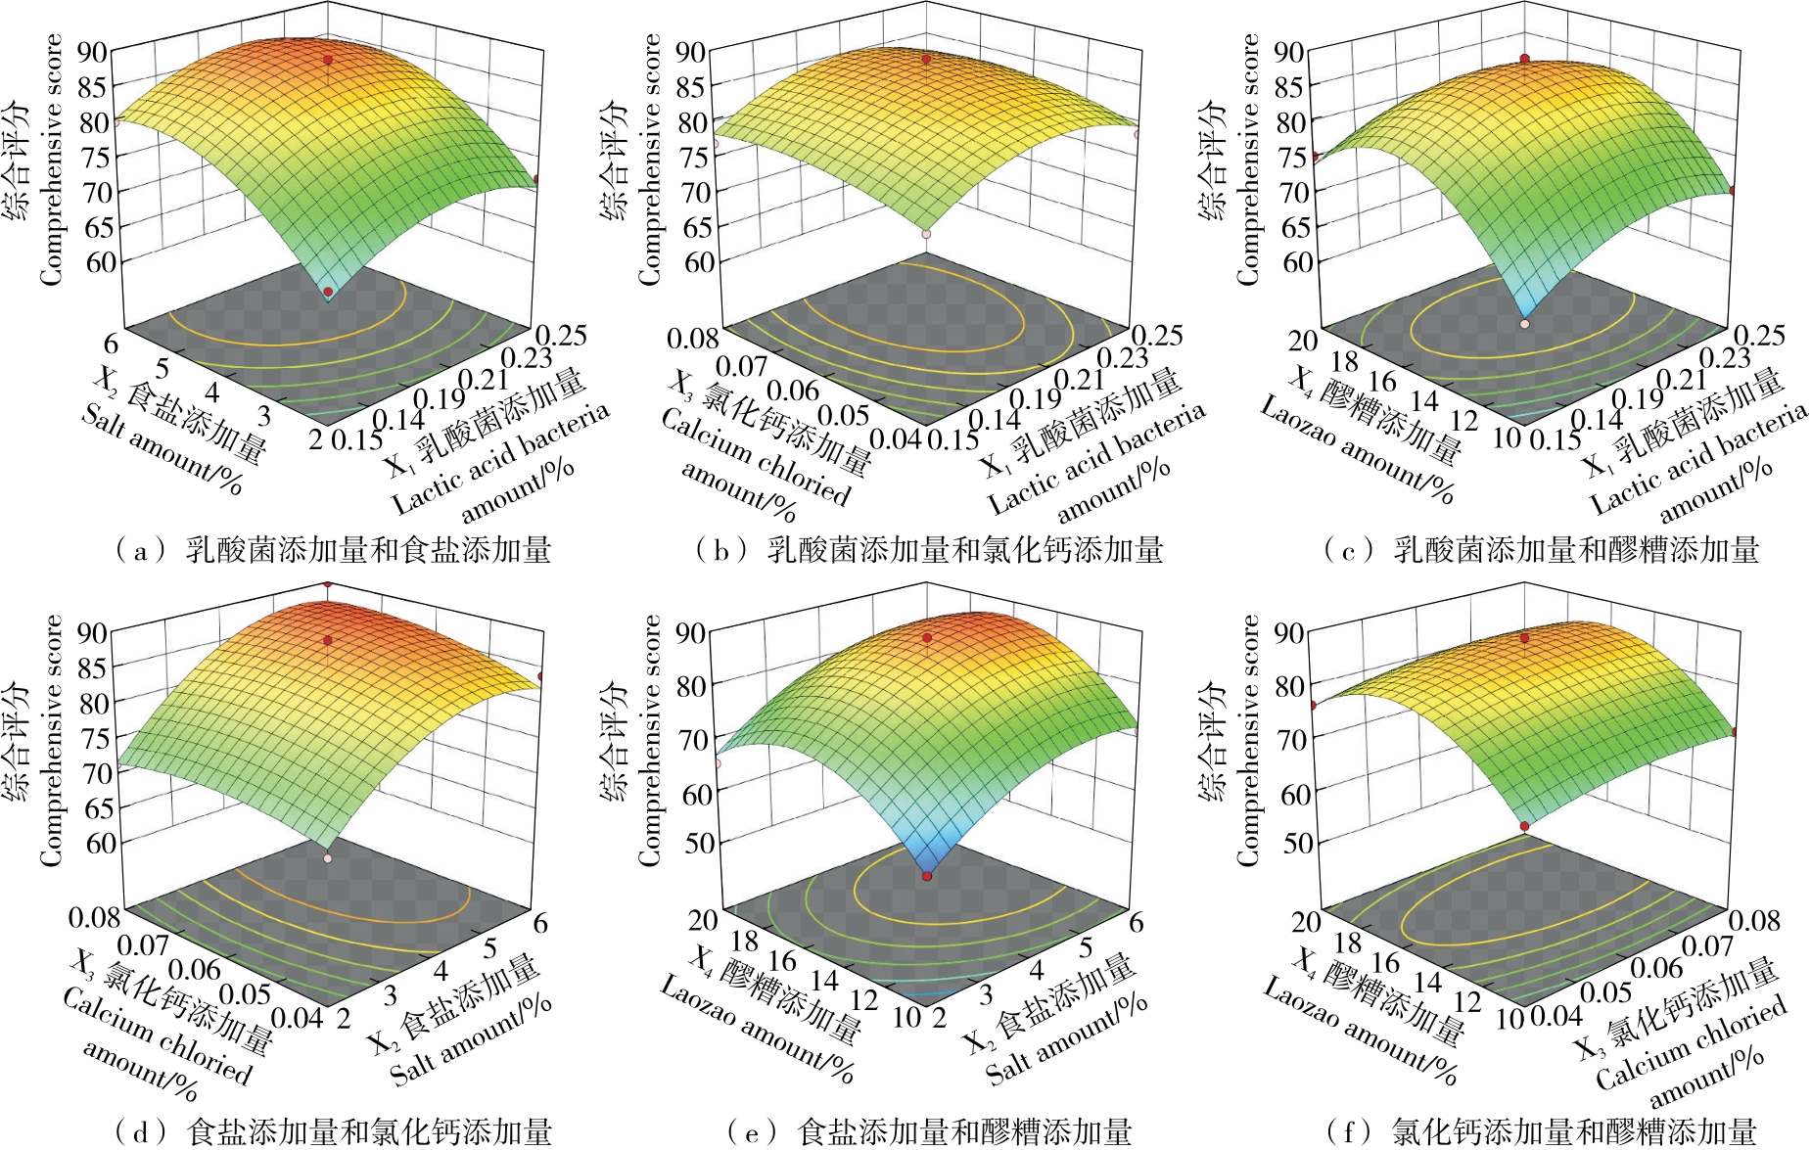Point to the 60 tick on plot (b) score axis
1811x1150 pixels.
pos(698,261)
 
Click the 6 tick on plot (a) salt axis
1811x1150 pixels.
pos(110,344)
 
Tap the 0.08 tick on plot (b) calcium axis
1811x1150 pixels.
pos(693,340)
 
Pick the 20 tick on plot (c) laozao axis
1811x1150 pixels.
pos(1303,341)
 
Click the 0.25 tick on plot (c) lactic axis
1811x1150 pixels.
pos(1758,336)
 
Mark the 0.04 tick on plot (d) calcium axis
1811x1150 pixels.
pos(297,1018)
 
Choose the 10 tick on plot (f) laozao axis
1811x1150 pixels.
pos(1510,1019)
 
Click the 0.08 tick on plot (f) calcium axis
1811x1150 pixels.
pos(1754,920)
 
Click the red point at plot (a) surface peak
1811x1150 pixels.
pos(328,61)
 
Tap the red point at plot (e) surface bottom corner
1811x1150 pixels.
pos(927,876)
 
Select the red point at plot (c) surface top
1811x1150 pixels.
pos(1525,60)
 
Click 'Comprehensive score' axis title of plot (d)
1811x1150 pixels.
pos(51,740)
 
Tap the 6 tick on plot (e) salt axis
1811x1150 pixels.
pos(1137,922)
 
